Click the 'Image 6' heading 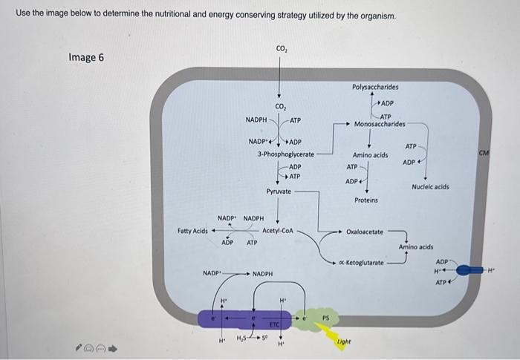[x=86, y=57]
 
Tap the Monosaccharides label [x=380, y=124]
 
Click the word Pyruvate [x=279, y=192]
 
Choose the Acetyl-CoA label [x=279, y=231]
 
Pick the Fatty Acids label [x=192, y=231]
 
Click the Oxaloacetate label [x=365, y=232]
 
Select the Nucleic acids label [x=430, y=187]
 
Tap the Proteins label [x=366, y=200]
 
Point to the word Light [x=343, y=341]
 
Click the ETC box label [x=274, y=324]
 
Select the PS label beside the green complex [x=325, y=318]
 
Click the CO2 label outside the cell [x=282, y=49]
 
